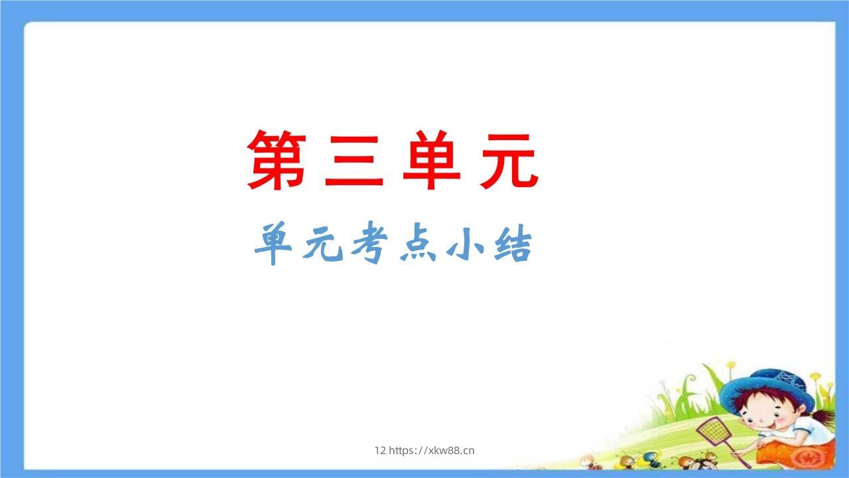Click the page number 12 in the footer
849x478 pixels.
pos(379,451)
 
